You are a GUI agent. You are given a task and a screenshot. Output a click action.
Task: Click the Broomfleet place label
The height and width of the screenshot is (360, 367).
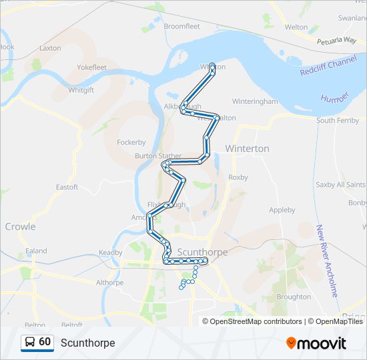click(181, 26)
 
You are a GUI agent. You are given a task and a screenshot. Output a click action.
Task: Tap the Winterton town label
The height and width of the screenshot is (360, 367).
click(247, 149)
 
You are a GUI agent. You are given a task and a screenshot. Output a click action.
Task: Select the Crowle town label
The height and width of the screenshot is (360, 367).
click(20, 227)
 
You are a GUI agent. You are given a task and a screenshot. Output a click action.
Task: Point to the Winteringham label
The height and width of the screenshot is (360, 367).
click(254, 101)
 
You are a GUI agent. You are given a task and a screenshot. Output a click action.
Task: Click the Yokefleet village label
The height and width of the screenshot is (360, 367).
click(91, 67)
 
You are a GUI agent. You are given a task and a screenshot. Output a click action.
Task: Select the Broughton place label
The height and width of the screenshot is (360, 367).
click(294, 297)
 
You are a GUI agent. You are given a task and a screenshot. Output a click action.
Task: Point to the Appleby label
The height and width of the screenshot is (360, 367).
click(282, 210)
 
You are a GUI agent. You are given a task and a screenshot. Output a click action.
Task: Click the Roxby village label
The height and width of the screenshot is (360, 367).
click(238, 177)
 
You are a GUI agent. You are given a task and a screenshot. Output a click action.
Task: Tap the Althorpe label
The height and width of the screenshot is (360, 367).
click(109, 283)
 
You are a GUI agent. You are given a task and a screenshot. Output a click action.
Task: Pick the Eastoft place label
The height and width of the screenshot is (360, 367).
click(67, 187)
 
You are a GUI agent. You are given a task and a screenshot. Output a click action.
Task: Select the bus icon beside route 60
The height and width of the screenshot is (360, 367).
click(31, 343)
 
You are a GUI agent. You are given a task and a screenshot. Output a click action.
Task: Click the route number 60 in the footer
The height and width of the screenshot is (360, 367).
click(45, 342)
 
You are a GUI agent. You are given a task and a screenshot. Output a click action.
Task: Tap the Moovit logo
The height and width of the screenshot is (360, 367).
click(316, 343)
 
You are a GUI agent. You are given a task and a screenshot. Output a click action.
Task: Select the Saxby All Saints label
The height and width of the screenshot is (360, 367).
click(340, 185)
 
